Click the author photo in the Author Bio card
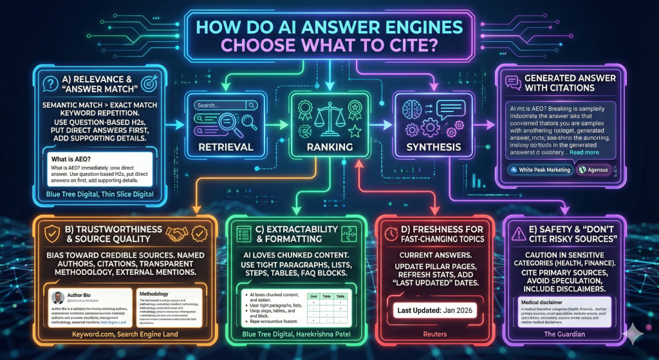pos(58,298)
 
